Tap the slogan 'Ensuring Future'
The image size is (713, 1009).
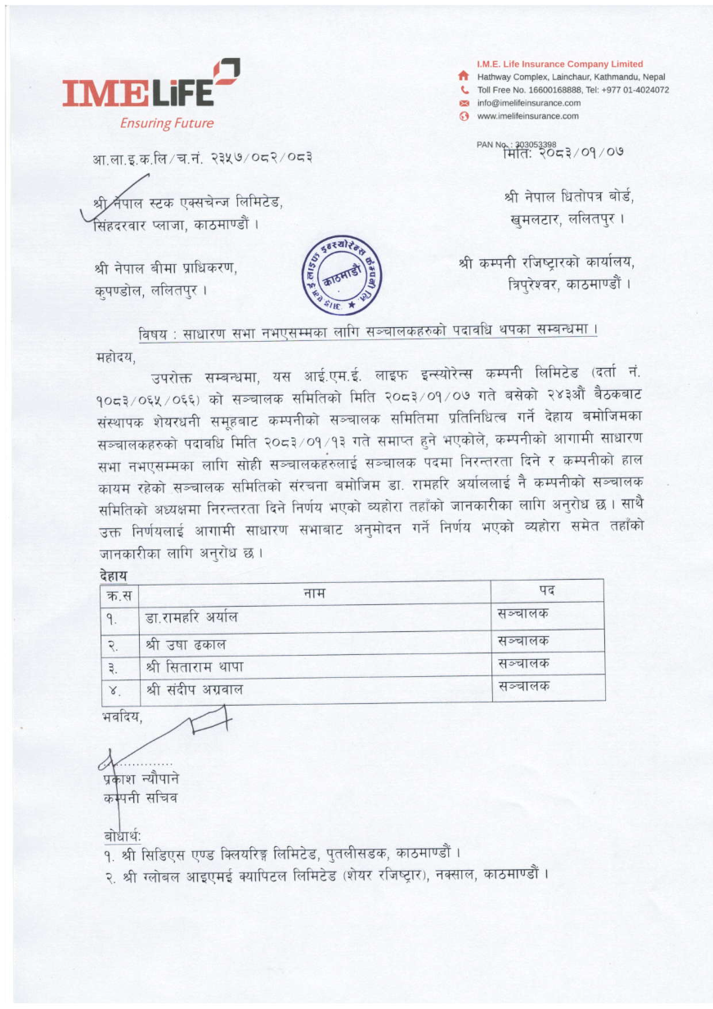(166, 123)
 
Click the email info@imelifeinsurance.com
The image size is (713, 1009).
(528, 103)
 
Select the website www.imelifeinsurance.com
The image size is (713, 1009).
(527, 116)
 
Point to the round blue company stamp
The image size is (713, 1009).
(341, 276)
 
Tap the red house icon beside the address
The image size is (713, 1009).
(464, 77)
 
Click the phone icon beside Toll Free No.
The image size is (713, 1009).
(464, 90)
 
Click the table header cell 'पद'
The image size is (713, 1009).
(546, 590)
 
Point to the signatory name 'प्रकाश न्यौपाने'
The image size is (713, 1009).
(136, 778)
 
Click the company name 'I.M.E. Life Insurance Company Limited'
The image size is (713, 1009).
(559, 64)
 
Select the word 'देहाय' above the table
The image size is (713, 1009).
(114, 576)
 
